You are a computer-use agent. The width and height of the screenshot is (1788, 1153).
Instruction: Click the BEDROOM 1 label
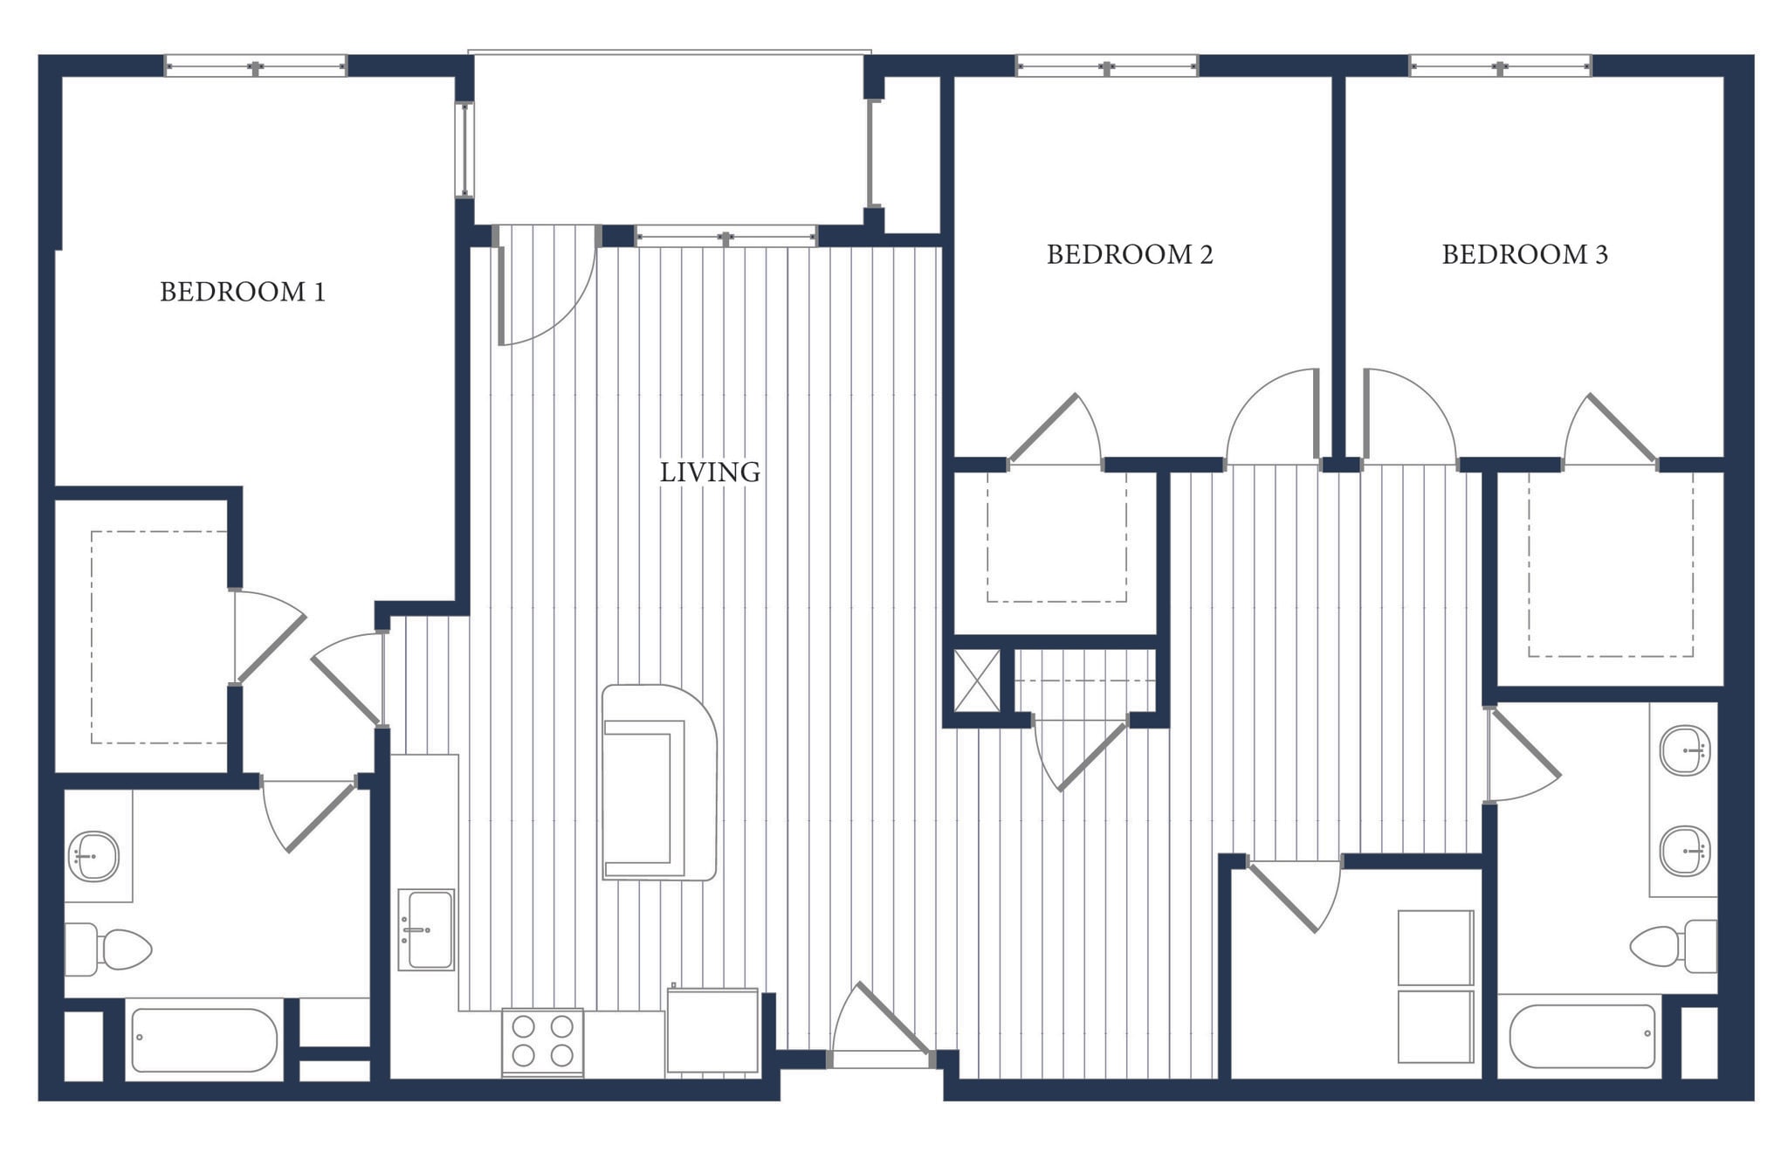click(243, 292)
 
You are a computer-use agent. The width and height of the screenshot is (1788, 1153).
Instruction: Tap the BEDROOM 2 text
click(1130, 254)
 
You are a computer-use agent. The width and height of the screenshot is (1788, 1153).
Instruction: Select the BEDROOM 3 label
click(1524, 254)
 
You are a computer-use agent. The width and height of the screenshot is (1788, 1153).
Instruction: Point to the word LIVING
click(710, 473)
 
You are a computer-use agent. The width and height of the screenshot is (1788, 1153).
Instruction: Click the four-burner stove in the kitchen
click(542, 1041)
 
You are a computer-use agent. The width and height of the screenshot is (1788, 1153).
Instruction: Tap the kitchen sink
click(426, 929)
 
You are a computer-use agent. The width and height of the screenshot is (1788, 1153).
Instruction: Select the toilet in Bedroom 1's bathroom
click(108, 949)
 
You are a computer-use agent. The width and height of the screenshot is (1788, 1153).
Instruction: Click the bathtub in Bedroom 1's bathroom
click(203, 1039)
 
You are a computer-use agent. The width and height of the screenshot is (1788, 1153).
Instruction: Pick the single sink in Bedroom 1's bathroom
click(93, 856)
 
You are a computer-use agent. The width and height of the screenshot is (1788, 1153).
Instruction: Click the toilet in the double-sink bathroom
click(1673, 946)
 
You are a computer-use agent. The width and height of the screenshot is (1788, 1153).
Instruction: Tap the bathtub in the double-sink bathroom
click(1582, 1036)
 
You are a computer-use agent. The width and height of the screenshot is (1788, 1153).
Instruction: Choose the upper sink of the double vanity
click(1685, 750)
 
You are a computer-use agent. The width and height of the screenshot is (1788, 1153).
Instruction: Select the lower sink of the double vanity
click(1685, 851)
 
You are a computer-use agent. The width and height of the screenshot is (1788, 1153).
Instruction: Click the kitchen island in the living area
click(659, 782)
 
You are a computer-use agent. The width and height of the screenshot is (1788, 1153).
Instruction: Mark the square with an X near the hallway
click(976, 680)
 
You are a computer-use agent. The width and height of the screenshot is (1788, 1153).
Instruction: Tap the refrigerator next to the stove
click(712, 1031)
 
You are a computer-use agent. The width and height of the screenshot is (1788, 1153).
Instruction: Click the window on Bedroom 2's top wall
click(1107, 66)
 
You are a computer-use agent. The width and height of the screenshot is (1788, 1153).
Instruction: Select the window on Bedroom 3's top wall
click(1500, 66)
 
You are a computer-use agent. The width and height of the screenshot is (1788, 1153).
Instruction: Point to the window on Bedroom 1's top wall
click(255, 66)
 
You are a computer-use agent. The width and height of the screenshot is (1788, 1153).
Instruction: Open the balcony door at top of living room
click(546, 288)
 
